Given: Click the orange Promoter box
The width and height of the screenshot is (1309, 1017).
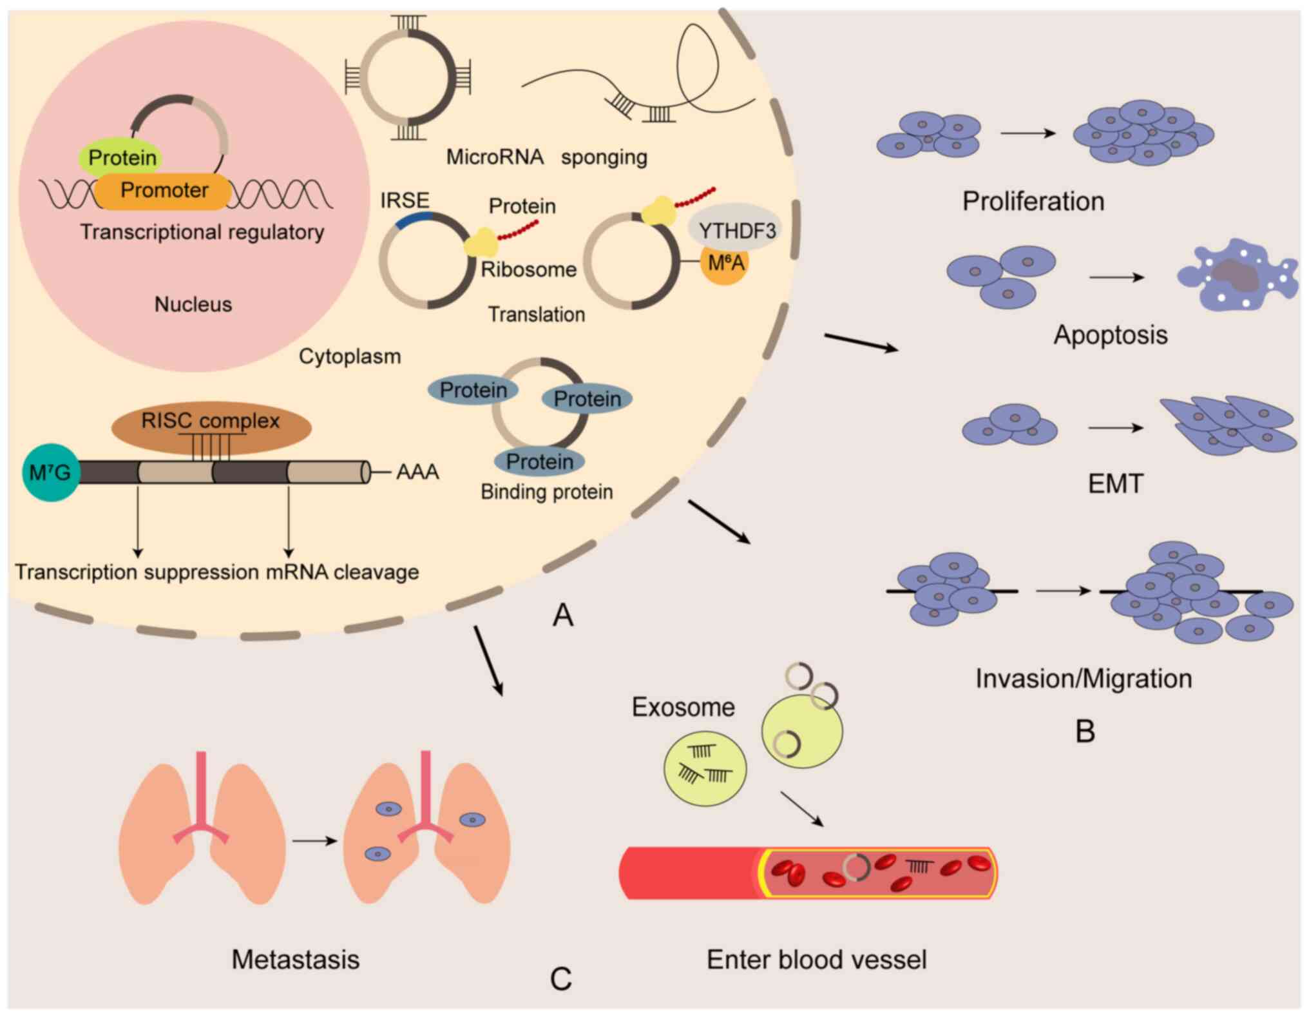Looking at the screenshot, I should (x=164, y=191).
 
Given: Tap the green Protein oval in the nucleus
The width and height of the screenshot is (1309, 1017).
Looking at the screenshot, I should (x=120, y=157).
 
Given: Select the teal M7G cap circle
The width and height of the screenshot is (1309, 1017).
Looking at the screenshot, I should (x=50, y=472).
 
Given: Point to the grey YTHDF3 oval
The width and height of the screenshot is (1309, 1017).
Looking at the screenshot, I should (x=735, y=229).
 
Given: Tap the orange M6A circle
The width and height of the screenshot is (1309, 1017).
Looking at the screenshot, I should (x=725, y=264).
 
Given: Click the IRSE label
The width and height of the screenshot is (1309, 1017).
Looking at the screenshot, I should (x=405, y=200).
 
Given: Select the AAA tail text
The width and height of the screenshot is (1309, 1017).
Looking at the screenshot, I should (x=417, y=472).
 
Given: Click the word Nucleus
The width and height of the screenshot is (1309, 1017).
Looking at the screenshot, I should (x=193, y=304).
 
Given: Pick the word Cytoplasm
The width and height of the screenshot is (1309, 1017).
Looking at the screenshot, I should (x=350, y=356).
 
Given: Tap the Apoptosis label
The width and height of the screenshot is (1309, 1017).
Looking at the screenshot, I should (x=1111, y=335).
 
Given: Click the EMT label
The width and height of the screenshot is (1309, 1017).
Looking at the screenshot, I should (x=1116, y=483).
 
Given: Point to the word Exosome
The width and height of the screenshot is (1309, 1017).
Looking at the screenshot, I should (x=683, y=707).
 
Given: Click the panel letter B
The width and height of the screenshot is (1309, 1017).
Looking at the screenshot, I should (x=1085, y=731).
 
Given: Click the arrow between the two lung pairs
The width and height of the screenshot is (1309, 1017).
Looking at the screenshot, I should (x=315, y=840).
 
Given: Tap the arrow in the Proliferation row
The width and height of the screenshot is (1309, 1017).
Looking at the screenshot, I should (x=1028, y=133).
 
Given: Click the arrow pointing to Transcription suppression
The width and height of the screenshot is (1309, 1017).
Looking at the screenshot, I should (x=137, y=522).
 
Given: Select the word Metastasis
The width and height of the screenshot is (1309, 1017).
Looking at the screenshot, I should (x=296, y=960).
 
